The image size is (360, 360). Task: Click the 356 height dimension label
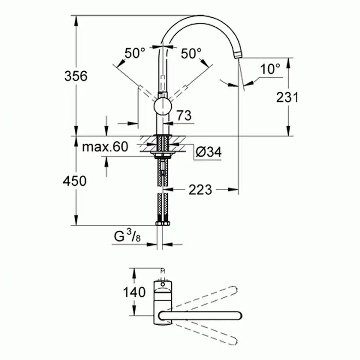(x=76, y=76)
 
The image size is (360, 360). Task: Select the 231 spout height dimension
(x=287, y=97)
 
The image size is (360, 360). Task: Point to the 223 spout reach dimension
(x=200, y=190)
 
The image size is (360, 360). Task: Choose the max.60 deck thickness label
(x=106, y=147)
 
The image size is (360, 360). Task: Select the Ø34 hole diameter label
(x=209, y=152)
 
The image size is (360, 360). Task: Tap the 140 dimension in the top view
(x=134, y=292)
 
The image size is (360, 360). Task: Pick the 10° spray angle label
(x=271, y=69)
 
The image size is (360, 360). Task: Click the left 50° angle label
(x=135, y=53)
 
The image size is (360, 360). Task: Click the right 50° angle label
(x=191, y=53)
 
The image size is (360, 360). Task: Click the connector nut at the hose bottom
(x=163, y=224)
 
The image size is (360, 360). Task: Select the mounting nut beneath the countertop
(x=163, y=154)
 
